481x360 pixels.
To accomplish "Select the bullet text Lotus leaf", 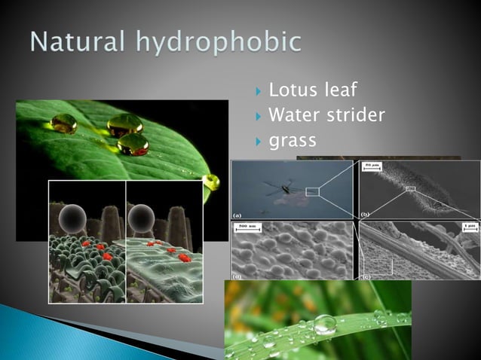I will click(x=314, y=92).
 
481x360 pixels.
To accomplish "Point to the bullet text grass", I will click(x=293, y=140).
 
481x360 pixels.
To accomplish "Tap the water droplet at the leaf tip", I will click(x=213, y=182).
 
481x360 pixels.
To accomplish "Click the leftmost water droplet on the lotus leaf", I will click(x=63, y=124).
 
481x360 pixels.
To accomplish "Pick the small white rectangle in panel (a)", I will click(x=313, y=192).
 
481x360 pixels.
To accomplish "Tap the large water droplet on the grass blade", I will click(x=325, y=325).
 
